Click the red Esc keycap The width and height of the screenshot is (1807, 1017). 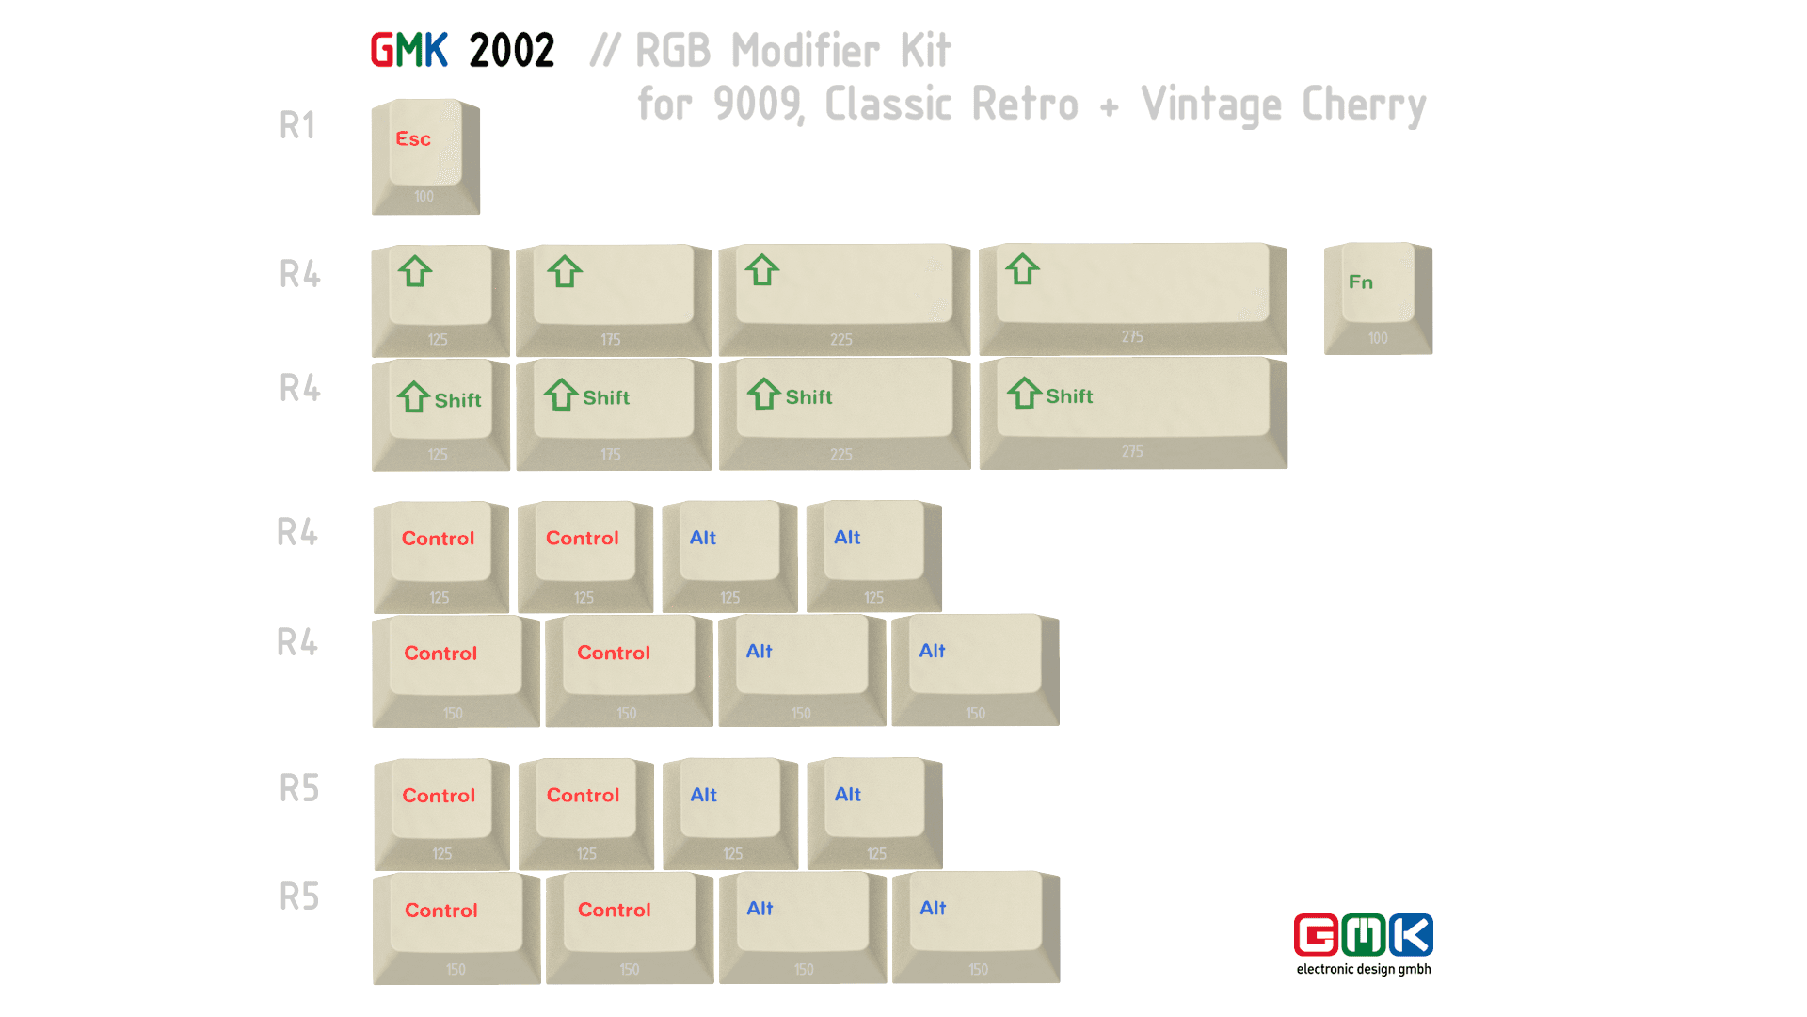pos(425,155)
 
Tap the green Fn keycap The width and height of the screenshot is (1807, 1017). pos(1377,297)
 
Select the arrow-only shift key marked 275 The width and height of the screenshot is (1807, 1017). pos(1132,297)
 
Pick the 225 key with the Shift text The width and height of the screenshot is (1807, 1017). pos(844,412)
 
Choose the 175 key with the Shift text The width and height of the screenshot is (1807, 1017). pos(613,412)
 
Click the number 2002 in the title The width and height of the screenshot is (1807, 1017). pos(511,51)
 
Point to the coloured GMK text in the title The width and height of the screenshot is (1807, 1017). pos(408,51)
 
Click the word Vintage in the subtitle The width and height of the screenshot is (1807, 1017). pos(1210,105)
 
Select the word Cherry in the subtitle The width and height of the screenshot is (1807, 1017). pos(1364,105)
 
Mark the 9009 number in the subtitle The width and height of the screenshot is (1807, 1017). pos(759,105)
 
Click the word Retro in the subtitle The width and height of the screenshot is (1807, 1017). pos(1025,104)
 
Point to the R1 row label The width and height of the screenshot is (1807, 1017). pos(297,125)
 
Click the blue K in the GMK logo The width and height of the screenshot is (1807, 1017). pos(1411,935)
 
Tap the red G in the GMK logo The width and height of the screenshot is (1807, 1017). pos(1316,935)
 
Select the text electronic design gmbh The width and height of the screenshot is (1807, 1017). pos(1364,969)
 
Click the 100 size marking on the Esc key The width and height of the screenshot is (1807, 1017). pos(424,197)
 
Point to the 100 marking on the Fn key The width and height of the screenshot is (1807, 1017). pos(1378,338)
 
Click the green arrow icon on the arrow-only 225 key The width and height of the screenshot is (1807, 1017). pos(762,270)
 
